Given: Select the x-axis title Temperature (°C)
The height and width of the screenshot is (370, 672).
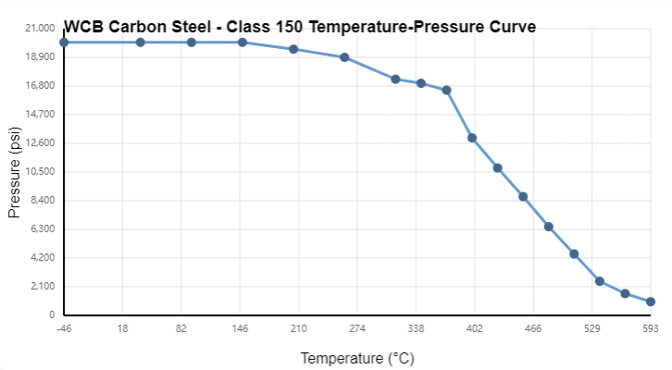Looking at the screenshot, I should pyautogui.click(x=356, y=358).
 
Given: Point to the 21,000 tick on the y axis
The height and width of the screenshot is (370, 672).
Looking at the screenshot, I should pyautogui.click(x=40, y=29).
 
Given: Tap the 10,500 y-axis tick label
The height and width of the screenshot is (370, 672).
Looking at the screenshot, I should pyautogui.click(x=40, y=172).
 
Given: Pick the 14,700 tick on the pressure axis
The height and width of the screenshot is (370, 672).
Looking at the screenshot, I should pyautogui.click(x=40, y=115).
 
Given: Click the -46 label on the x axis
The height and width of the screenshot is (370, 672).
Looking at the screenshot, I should pyautogui.click(x=63, y=328).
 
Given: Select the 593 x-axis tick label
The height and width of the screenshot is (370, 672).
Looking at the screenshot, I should pyautogui.click(x=651, y=328).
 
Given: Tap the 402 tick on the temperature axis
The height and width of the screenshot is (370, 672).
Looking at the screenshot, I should pyautogui.click(x=474, y=328).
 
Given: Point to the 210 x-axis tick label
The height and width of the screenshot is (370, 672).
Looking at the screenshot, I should pyautogui.click(x=298, y=328).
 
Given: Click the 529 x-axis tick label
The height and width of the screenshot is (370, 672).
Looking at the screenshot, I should pyautogui.click(x=592, y=328).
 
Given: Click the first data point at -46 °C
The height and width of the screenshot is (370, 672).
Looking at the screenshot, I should pyautogui.click(x=64, y=43).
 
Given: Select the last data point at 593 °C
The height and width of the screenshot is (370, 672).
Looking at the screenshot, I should pyautogui.click(x=651, y=302).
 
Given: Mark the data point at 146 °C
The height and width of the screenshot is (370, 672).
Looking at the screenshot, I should pyautogui.click(x=243, y=43).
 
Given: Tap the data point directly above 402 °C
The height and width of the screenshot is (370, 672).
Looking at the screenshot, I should pyautogui.click(x=472, y=138).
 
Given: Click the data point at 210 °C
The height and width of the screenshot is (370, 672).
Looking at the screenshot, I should pyautogui.click(x=293, y=49).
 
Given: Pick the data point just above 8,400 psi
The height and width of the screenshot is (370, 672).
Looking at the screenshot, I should pyautogui.click(x=523, y=197).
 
